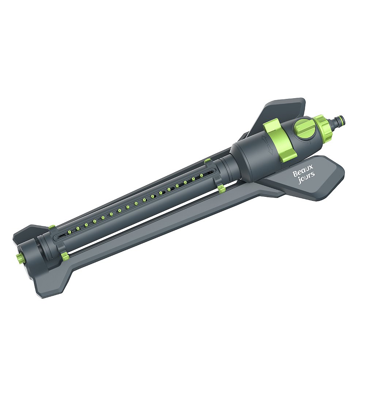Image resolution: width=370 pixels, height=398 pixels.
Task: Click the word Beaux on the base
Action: click(303, 170)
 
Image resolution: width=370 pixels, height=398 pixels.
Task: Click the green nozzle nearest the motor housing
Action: click(201, 175)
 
